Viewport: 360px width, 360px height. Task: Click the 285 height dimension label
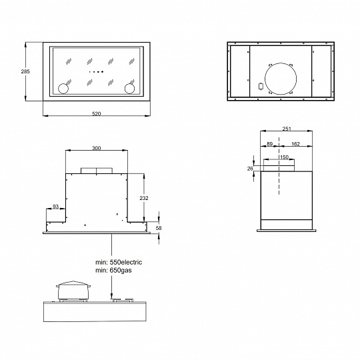25,71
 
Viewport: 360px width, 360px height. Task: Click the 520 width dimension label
97,114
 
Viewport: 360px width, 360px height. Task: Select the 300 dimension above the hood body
97,148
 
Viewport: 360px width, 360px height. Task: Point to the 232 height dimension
144,198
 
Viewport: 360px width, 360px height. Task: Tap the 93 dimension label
56,207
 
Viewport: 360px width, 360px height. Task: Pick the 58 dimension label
159,228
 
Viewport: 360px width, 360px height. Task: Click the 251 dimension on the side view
287,129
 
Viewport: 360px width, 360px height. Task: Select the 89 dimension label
269,144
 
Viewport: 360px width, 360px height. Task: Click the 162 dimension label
295,144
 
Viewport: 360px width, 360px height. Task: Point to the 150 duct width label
284,157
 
